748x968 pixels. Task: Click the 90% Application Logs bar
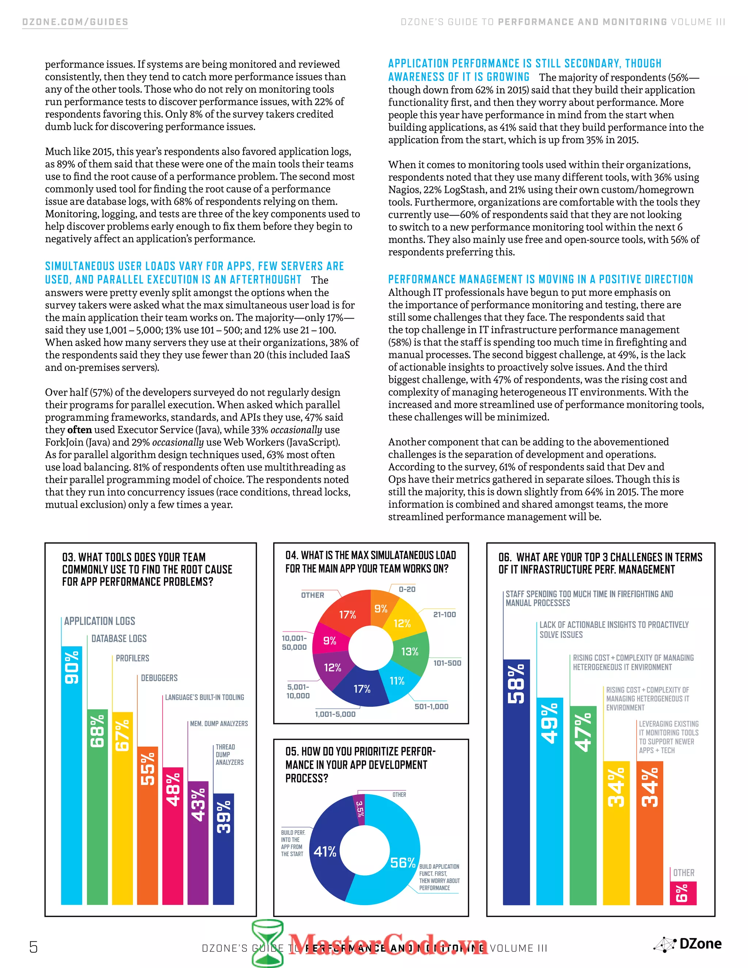tap(71, 775)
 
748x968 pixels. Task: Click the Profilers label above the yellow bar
tap(132, 658)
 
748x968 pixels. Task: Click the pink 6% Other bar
tap(683, 893)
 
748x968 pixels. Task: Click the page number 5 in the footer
tap(33, 947)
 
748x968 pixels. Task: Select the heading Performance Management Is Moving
tap(540, 279)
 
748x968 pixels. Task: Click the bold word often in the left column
tap(79, 430)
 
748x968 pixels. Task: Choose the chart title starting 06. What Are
tap(600, 563)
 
